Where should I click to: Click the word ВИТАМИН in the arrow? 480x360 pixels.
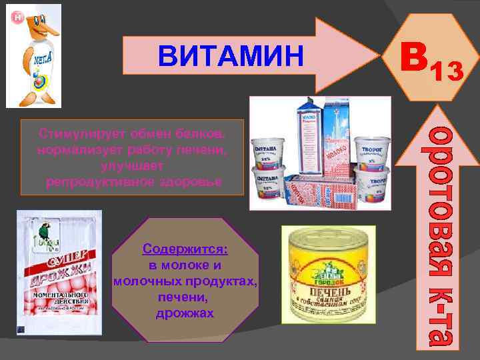pos(230,56)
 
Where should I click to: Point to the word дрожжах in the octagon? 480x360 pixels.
pos(185,313)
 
